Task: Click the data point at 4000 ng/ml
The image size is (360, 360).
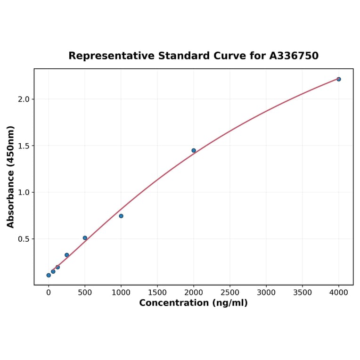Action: pyautogui.click(x=338, y=79)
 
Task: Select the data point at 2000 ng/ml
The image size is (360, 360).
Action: pyautogui.click(x=194, y=151)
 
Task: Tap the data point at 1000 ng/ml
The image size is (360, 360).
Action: pyautogui.click(x=121, y=216)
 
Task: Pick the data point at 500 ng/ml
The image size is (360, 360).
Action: pyautogui.click(x=85, y=238)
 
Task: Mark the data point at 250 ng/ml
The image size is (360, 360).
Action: pyautogui.click(x=67, y=255)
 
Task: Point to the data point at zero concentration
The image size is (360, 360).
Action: pyautogui.click(x=49, y=275)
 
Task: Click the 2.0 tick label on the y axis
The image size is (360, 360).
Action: pyautogui.click(x=24, y=99)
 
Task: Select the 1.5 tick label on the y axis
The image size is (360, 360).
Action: pyautogui.click(x=24, y=146)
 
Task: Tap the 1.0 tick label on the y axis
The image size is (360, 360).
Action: pyautogui.click(x=24, y=192)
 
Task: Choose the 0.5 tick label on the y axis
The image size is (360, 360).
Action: pyautogui.click(x=24, y=239)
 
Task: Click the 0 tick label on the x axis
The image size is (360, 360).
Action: pyautogui.click(x=49, y=292)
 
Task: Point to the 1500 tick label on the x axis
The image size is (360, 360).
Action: pyautogui.click(x=157, y=292)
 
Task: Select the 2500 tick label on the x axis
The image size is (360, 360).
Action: pyautogui.click(x=230, y=292)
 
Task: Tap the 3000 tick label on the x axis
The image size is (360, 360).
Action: pyautogui.click(x=266, y=292)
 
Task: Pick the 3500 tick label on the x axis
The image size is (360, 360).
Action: pyautogui.click(x=303, y=292)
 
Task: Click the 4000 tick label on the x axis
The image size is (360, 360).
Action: pyautogui.click(x=339, y=292)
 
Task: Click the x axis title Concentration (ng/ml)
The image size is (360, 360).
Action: pyautogui.click(x=193, y=303)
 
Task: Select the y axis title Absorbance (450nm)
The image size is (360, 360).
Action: pyautogui.click(x=11, y=177)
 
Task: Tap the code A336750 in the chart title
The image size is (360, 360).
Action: pyautogui.click(x=294, y=56)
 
